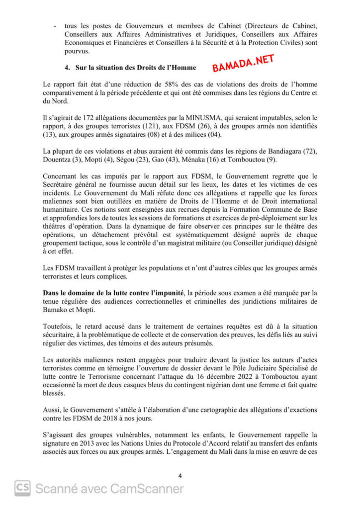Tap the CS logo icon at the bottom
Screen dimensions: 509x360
point(22,489)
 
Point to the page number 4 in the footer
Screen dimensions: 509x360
point(180,476)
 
